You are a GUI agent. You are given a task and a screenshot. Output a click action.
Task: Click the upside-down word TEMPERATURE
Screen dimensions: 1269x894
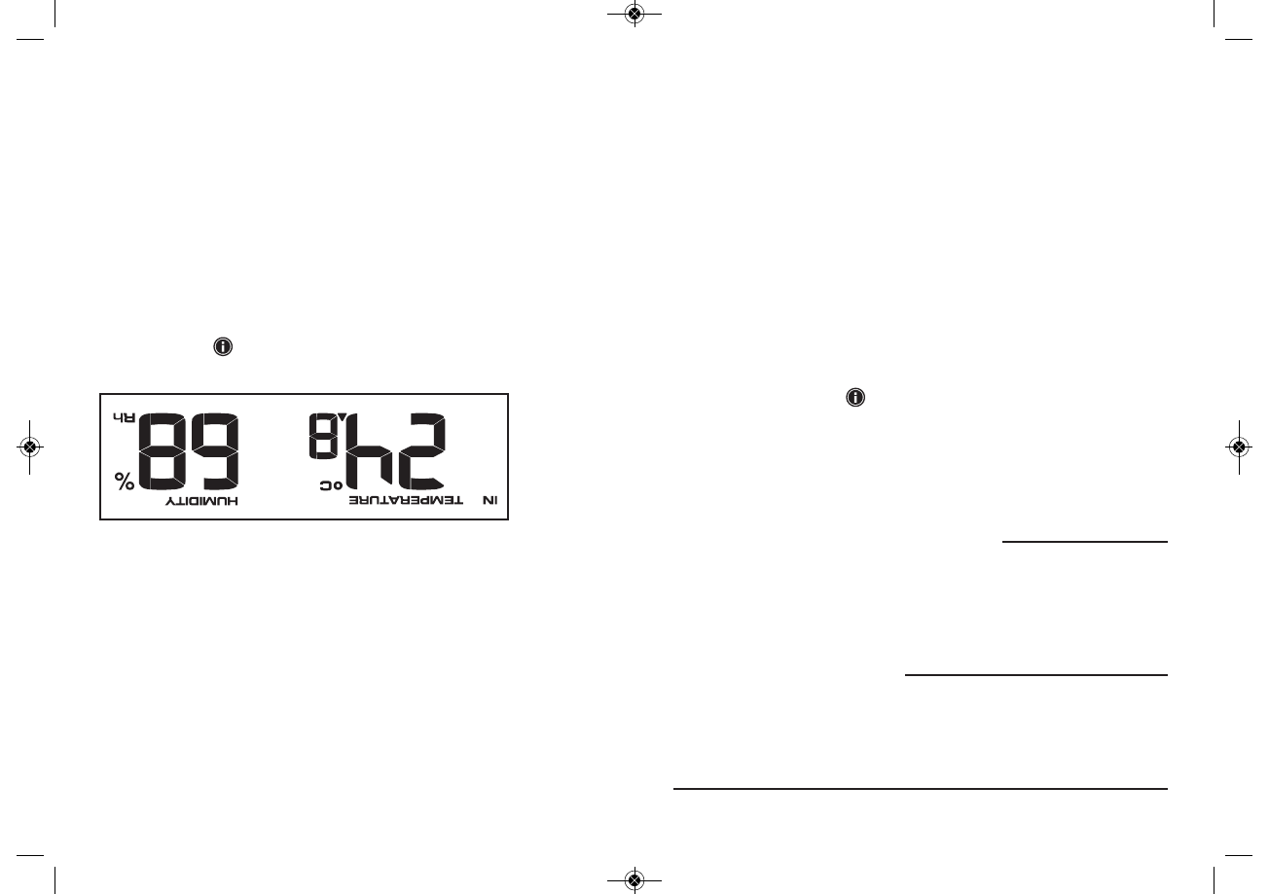pyautogui.click(x=406, y=501)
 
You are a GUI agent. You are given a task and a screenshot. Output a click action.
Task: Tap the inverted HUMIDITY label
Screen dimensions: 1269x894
pyautogui.click(x=201, y=501)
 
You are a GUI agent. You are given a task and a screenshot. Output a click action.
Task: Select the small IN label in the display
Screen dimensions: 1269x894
pyautogui.click(x=490, y=501)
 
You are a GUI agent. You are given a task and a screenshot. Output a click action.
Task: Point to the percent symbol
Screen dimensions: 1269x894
pyautogui.click(x=125, y=481)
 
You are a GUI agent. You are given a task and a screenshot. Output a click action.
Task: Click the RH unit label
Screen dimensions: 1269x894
pyautogui.click(x=124, y=418)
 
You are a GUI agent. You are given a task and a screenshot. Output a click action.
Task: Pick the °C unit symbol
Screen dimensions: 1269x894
pyautogui.click(x=332, y=485)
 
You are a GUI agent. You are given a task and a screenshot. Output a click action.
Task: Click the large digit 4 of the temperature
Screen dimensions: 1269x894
pyautogui.click(x=369, y=451)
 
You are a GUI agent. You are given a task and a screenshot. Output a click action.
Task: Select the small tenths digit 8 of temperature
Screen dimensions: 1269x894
pyautogui.click(x=323, y=436)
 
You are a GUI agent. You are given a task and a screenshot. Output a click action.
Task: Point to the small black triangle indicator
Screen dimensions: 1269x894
pyautogui.click(x=343, y=417)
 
